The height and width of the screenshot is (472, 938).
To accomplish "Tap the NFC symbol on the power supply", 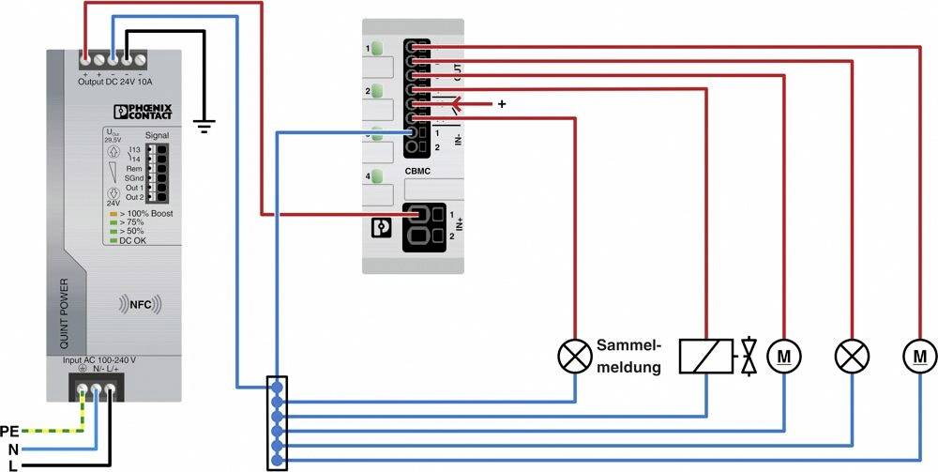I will [140, 304].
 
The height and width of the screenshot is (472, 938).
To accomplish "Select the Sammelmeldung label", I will [628, 356].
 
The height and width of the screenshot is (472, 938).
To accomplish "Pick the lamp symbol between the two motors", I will [853, 355].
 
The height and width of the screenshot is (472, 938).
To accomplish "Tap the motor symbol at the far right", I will [919, 355].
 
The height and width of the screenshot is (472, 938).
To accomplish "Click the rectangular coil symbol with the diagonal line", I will [706, 356].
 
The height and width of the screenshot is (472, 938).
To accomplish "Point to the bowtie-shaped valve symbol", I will [749, 356].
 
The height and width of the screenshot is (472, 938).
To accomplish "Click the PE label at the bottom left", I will [9, 432].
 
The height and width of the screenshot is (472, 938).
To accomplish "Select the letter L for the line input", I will [11, 464].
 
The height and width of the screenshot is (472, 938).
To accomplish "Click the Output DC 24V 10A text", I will [115, 81].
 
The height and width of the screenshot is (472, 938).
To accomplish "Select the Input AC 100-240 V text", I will [98, 359].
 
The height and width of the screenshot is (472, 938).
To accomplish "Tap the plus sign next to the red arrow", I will [502, 104].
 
